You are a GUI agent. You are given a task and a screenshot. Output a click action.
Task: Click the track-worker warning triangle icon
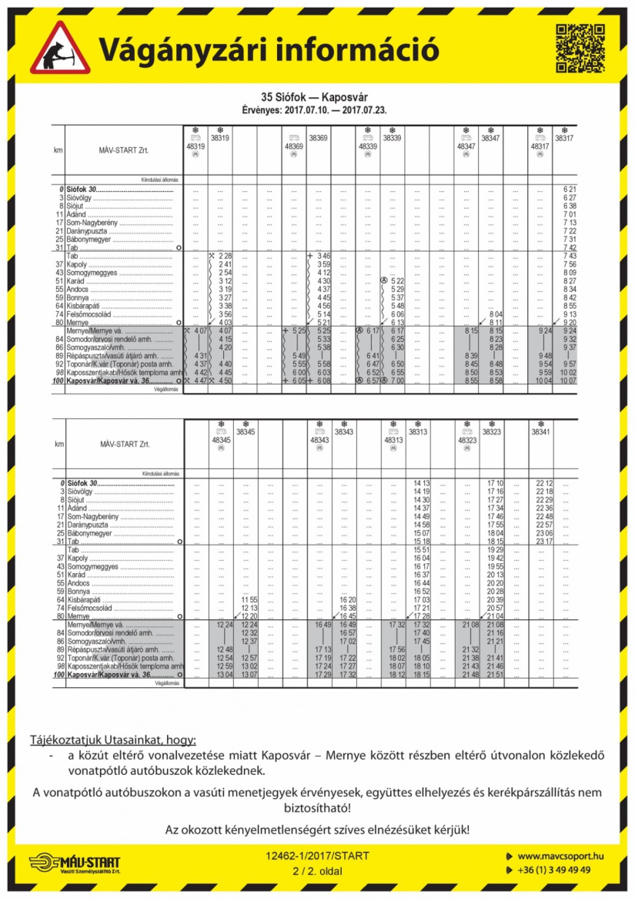(60, 49)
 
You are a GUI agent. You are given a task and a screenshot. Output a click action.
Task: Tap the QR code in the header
(579, 49)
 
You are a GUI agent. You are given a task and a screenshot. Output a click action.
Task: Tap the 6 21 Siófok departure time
(569, 190)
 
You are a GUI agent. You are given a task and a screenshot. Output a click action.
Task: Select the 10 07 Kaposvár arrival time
(569, 381)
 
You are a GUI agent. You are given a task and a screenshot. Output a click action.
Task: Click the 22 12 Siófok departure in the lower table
(543, 483)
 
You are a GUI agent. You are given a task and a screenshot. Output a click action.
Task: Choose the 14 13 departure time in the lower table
(421, 483)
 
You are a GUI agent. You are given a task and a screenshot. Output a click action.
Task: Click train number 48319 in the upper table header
(196, 146)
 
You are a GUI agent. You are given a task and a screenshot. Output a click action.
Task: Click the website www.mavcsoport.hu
(560, 856)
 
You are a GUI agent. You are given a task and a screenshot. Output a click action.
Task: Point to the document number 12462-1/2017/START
(317, 856)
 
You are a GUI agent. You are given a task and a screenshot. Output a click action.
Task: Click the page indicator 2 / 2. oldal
(317, 870)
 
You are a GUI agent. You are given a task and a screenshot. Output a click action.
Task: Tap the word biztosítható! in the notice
(316, 808)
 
